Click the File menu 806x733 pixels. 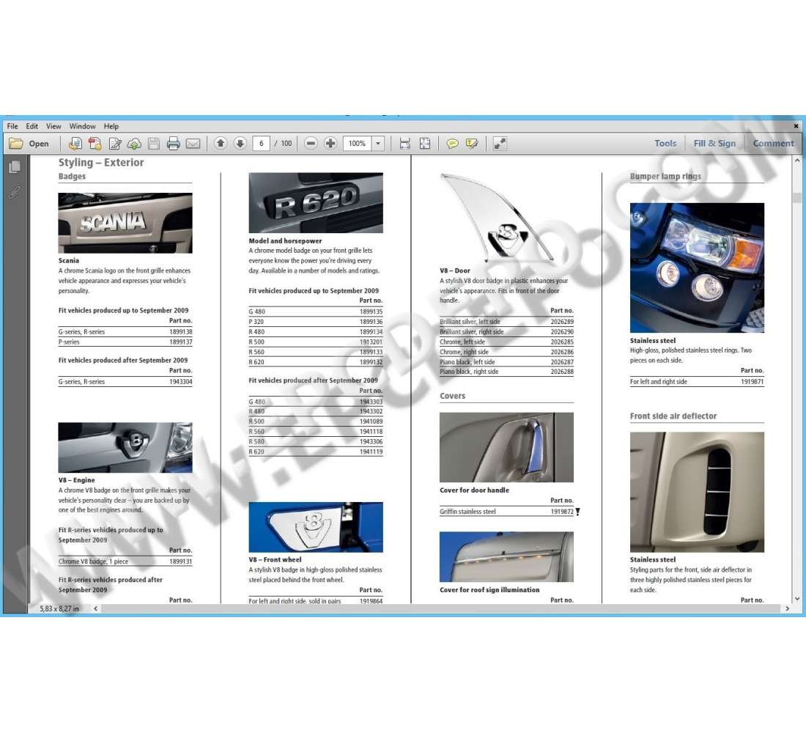(12, 126)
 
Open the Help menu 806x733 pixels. (111, 126)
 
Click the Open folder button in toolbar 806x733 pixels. (30, 144)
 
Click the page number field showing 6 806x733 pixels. (261, 144)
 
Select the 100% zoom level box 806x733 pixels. (358, 144)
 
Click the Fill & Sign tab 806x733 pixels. (714, 144)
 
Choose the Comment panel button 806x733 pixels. (773, 144)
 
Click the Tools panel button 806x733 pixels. (665, 144)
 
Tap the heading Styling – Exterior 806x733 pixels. (101, 163)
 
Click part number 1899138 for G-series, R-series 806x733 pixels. (180, 332)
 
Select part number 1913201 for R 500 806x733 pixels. (371, 342)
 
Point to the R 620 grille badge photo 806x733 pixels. (316, 203)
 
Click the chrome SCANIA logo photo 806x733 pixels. (125, 223)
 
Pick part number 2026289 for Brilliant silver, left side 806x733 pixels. (561, 322)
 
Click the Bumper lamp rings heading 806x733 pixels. (665, 177)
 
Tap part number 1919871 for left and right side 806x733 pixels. (752, 382)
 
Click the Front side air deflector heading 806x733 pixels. (673, 416)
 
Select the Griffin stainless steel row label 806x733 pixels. (467, 512)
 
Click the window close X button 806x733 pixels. (796, 126)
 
